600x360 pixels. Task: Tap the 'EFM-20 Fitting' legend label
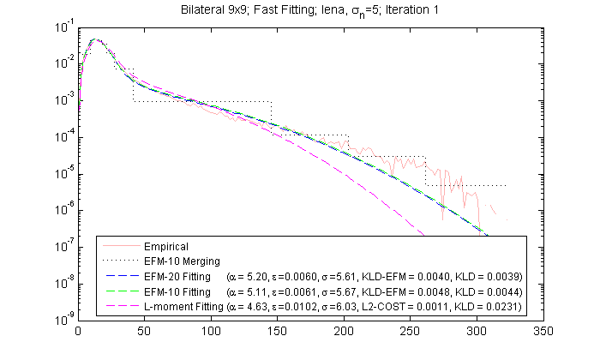181,277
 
